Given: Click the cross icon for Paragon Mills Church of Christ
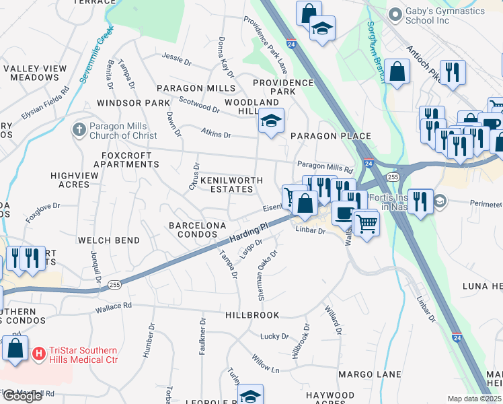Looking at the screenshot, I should pyautogui.click(x=80, y=128).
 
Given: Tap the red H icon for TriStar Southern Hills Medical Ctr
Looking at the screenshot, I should pyautogui.click(x=39, y=353).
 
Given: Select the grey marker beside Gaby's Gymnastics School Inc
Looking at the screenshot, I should pyautogui.click(x=395, y=13).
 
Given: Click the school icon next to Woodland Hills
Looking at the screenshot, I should pyautogui.click(x=271, y=121).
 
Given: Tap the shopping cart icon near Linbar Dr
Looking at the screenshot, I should pyautogui.click(x=366, y=223).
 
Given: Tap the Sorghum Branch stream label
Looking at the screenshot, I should pyautogui.click(x=376, y=52).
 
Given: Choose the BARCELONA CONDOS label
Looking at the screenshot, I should pyautogui.click(x=192, y=229).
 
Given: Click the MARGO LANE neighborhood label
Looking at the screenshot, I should pyautogui.click(x=369, y=374).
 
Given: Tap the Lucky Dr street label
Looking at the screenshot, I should pyautogui.click(x=274, y=336).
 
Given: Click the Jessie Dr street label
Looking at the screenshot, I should pyautogui.click(x=177, y=59).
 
